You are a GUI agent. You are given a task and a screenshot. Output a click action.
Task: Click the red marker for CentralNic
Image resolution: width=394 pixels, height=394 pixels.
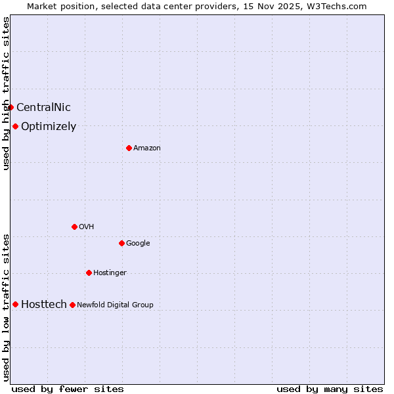click(11, 107)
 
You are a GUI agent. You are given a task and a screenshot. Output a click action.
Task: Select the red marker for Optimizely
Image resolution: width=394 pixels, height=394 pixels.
click(15, 126)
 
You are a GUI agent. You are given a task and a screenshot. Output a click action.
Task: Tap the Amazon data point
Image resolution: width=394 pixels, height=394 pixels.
click(129, 148)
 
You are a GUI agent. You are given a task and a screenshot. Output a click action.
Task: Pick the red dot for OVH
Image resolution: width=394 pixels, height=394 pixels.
click(74, 227)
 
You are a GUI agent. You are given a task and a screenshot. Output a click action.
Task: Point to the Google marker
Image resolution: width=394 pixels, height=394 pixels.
click(121, 243)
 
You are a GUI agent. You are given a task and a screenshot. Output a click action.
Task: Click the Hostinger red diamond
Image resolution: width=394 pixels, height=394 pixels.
click(89, 273)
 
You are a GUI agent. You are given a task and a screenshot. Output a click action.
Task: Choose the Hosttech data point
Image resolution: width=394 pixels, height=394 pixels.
click(15, 304)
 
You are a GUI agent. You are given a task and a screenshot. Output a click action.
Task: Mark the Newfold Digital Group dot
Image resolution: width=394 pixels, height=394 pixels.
click(72, 305)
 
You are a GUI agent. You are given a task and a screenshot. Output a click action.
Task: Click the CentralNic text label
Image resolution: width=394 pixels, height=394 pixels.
click(43, 108)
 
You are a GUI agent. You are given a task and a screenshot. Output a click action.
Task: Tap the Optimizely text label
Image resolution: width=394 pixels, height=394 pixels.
click(49, 127)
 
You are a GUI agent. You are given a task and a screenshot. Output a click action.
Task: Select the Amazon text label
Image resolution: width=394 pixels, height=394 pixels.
click(147, 148)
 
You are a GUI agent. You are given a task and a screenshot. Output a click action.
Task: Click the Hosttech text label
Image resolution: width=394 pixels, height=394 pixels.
click(44, 304)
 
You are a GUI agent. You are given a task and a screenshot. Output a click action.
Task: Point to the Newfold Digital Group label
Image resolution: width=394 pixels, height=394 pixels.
click(115, 305)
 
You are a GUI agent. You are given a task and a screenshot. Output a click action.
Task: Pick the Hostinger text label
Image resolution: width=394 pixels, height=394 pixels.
click(110, 273)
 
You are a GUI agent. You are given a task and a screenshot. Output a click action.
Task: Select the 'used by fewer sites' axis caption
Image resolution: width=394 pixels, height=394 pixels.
click(68, 389)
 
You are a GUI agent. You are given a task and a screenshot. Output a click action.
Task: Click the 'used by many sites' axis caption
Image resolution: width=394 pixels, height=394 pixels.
click(330, 389)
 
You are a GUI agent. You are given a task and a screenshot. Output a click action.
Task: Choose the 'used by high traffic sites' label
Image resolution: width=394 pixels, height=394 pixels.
click(6, 93)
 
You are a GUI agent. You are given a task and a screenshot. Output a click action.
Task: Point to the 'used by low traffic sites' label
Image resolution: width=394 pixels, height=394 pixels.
click(6, 307)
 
